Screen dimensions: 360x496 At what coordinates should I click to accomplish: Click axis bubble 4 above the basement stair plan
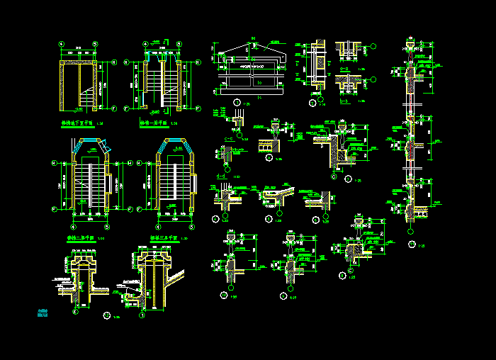[x=62, y=43]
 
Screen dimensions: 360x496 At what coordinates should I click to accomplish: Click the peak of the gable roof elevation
[x=252, y=43]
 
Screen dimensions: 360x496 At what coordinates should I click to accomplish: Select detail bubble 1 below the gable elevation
[x=236, y=103]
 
